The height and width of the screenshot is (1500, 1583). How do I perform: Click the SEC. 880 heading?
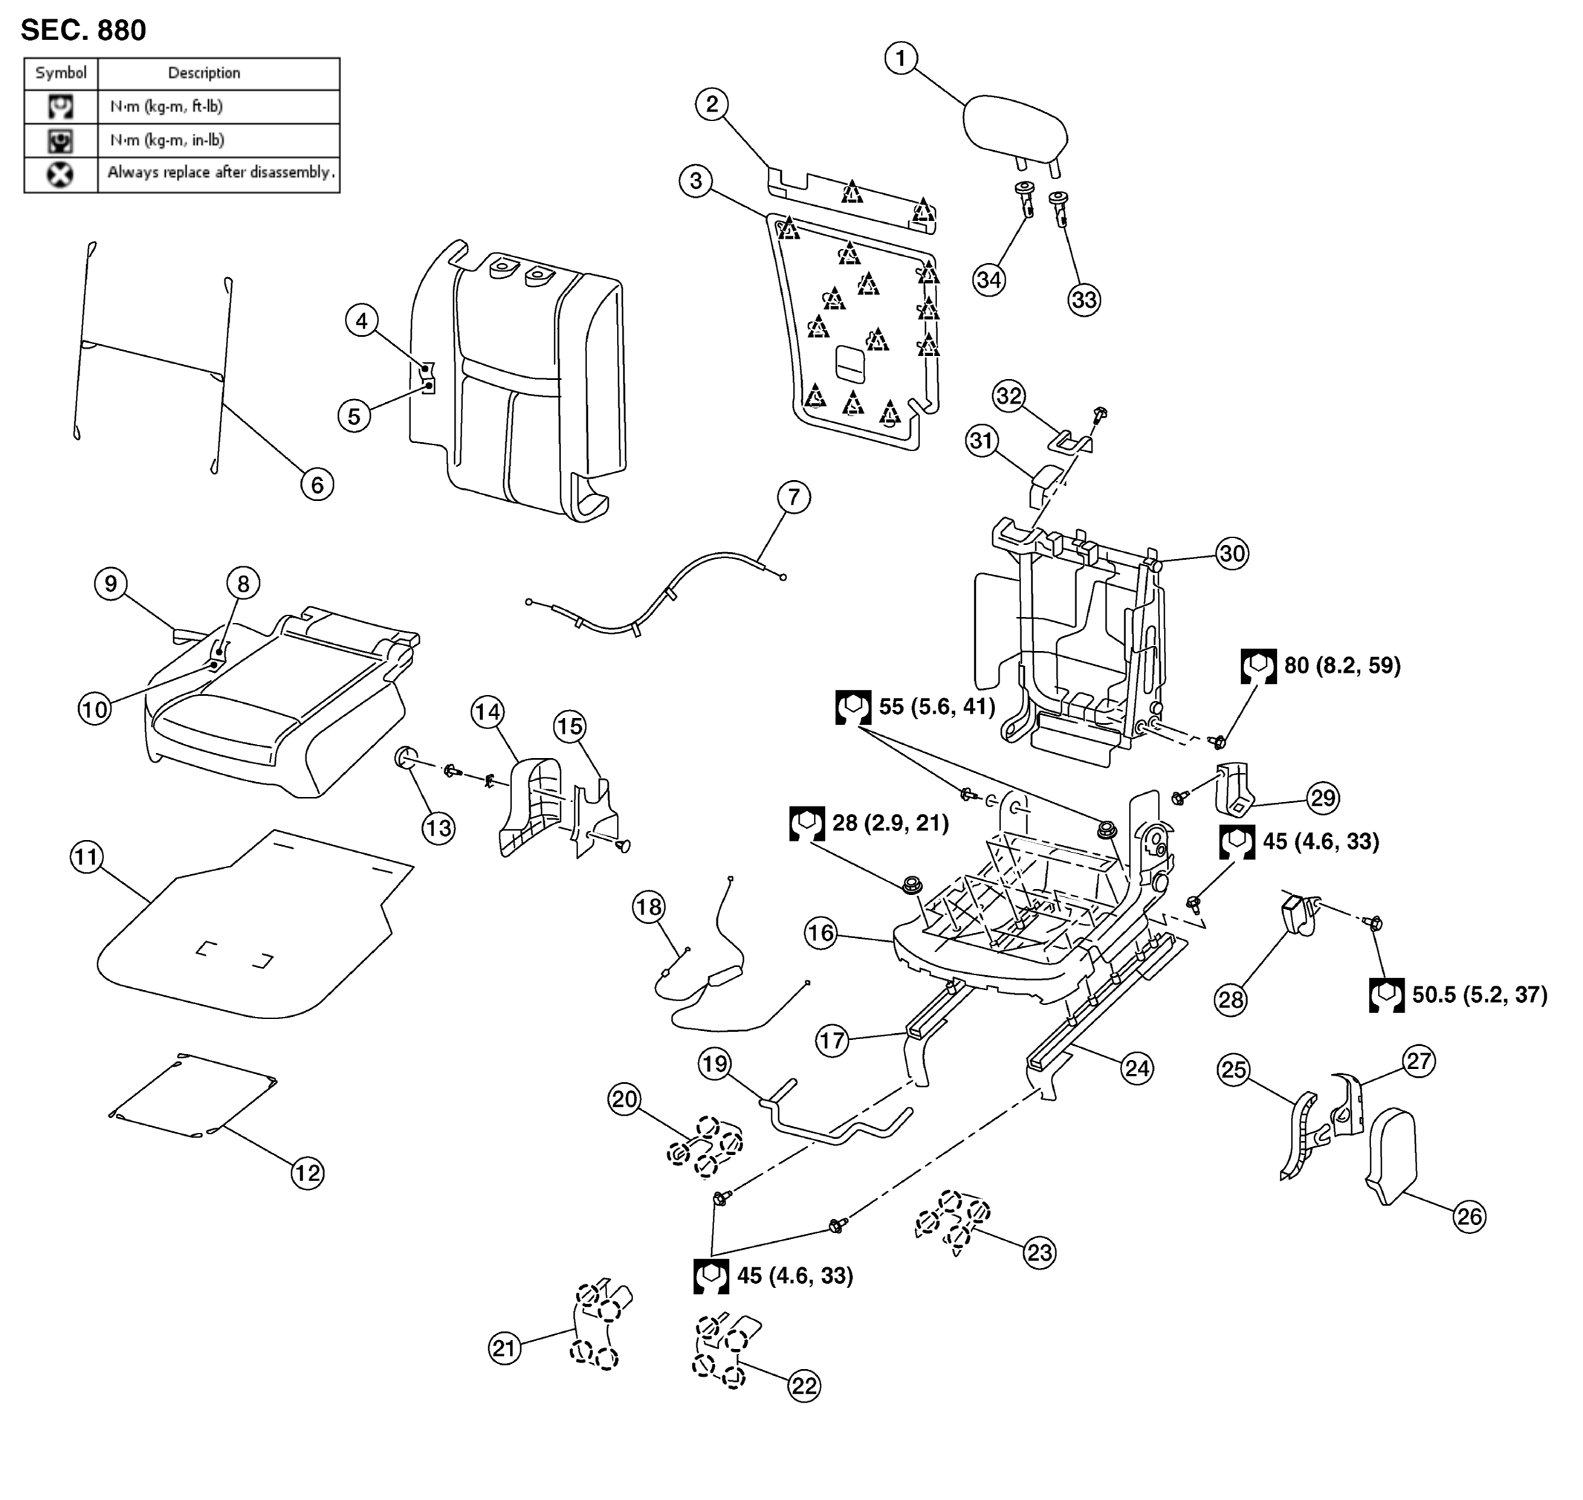click(x=83, y=30)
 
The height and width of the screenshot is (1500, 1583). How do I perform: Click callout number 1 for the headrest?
click(x=901, y=59)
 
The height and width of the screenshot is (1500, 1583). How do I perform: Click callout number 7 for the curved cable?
click(x=793, y=497)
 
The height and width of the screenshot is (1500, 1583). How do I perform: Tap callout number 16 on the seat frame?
click(x=820, y=933)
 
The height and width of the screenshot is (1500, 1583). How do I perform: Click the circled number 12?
click(x=307, y=1173)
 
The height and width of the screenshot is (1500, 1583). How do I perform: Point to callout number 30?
click(x=1232, y=553)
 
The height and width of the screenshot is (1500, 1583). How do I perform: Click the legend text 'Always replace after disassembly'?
click(x=221, y=172)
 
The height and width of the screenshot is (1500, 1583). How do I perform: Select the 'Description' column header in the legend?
click(x=204, y=73)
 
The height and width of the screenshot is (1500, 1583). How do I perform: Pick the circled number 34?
click(x=989, y=279)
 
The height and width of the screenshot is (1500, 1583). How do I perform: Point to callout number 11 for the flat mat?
click(x=86, y=857)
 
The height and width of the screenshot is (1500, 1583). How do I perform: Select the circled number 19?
click(x=715, y=1064)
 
